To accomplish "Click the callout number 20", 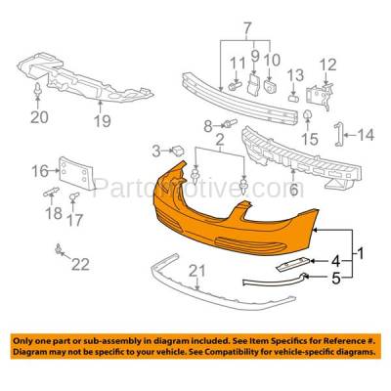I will pyautogui.click(x=39, y=118).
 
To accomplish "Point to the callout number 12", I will pyautogui.click(x=327, y=65).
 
